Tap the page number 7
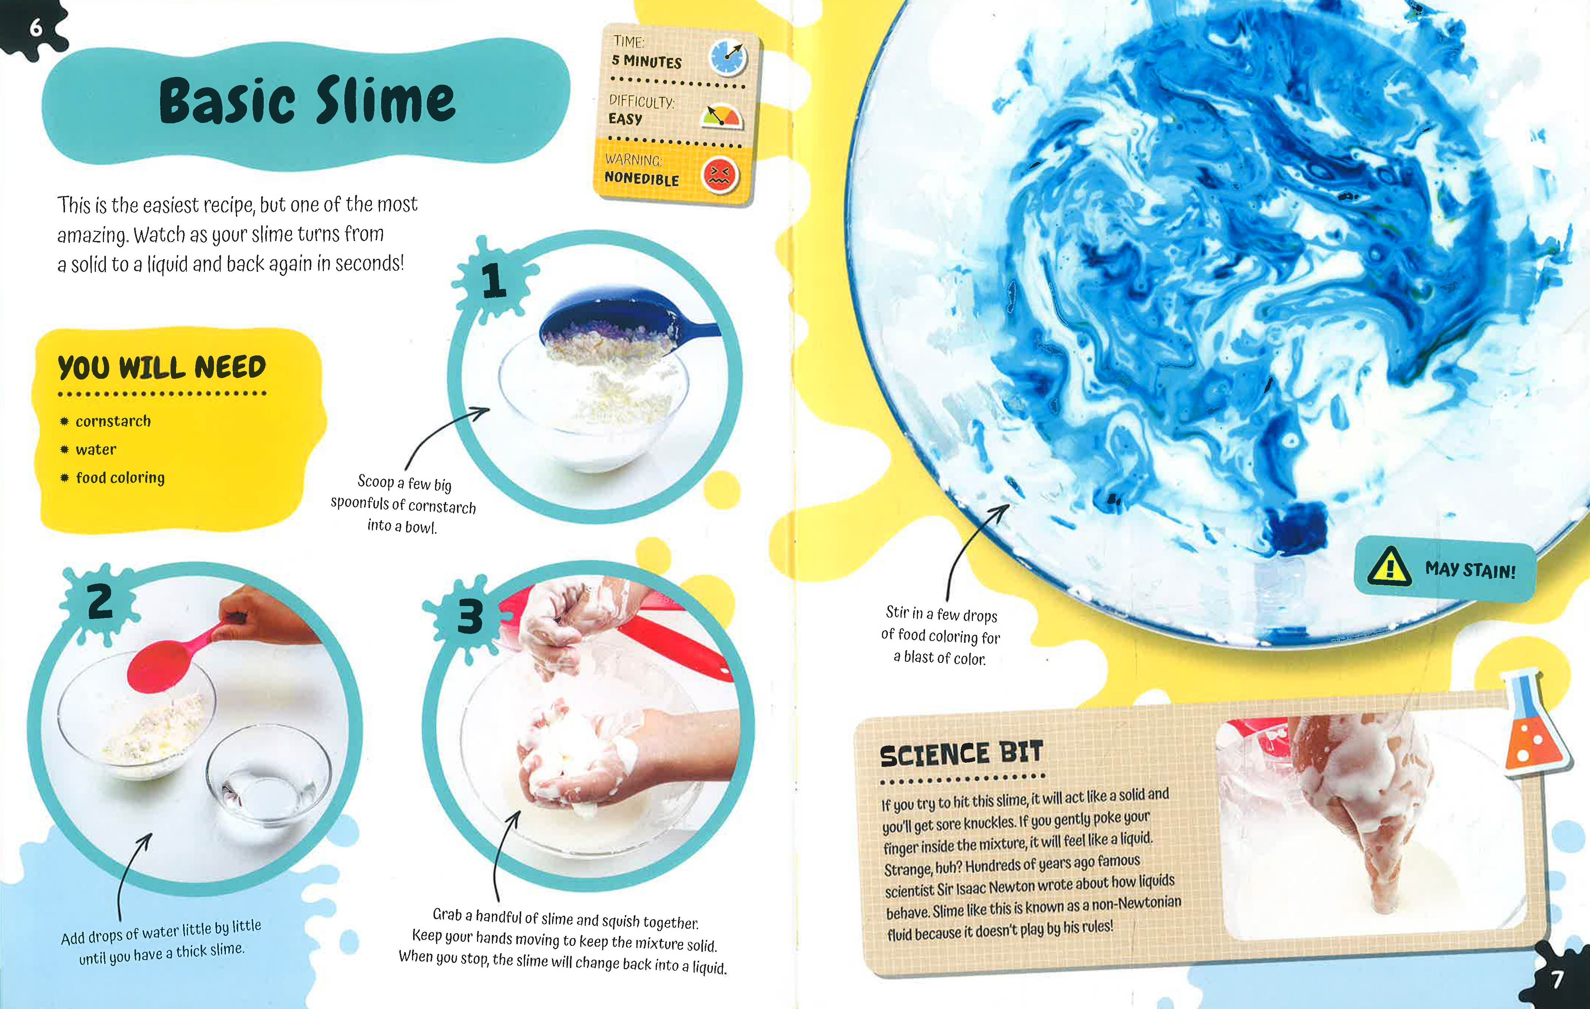click(x=1557, y=979)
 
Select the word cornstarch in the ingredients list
click(x=113, y=421)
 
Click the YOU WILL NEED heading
click(x=162, y=367)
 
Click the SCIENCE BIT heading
click(x=961, y=754)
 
